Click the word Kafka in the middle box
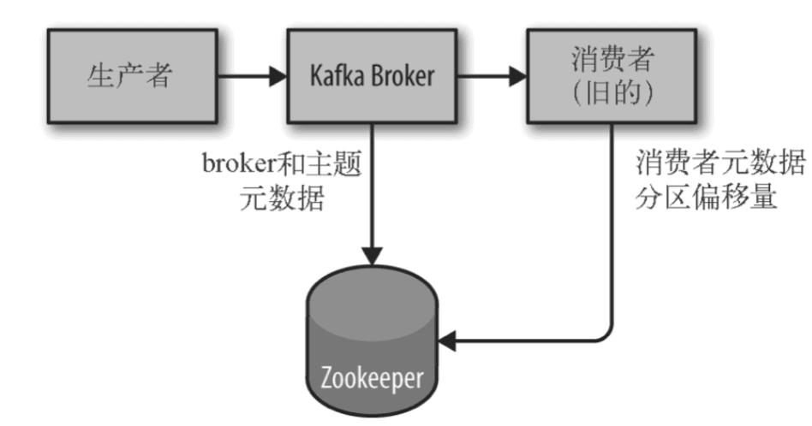tap(334, 75)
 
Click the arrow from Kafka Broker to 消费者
tap(491, 75)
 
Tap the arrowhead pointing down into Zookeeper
tap(371, 256)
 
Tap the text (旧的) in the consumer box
tap(612, 94)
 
